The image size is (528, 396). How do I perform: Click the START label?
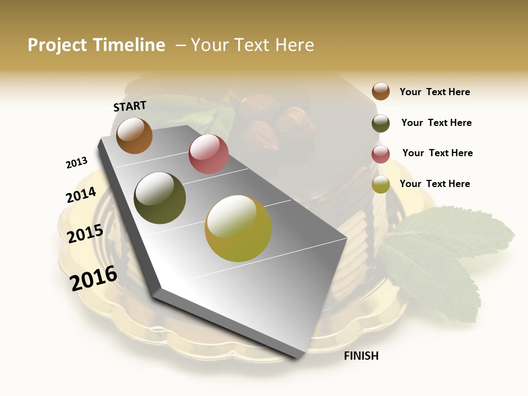130,106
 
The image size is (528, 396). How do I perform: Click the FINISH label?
361,356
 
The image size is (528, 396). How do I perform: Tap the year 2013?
76,163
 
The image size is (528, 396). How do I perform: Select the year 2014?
81,195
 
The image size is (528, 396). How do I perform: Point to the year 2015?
85,234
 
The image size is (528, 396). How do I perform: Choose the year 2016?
94,278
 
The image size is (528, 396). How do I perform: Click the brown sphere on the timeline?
134,135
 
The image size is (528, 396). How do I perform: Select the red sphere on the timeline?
208,153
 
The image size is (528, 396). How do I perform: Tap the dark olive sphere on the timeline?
160,198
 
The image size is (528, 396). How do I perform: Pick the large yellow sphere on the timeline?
238,228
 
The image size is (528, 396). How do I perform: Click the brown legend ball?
381,91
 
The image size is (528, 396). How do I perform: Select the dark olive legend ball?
381,123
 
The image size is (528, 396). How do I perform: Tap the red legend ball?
381,154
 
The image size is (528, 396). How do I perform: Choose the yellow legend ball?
381,184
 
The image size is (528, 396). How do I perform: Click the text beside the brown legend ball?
435,92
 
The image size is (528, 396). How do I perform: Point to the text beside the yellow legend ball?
435,184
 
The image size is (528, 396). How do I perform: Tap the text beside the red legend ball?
437,153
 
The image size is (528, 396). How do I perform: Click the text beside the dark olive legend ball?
436,123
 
